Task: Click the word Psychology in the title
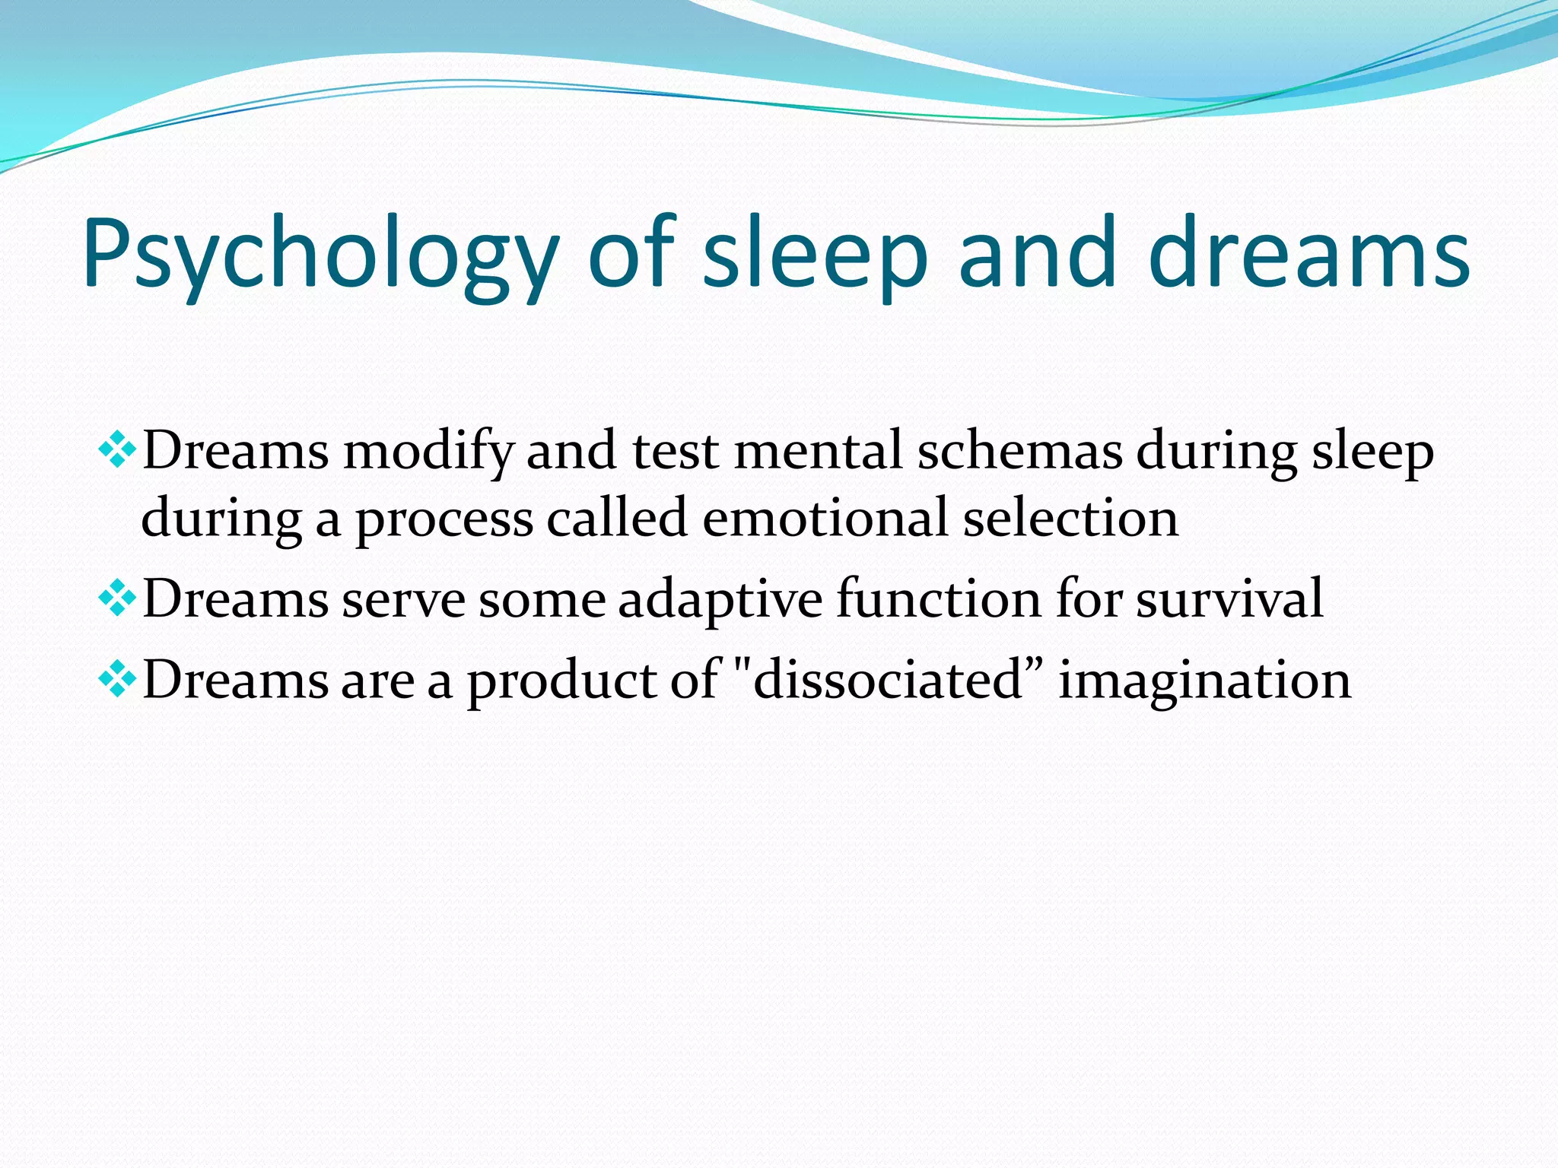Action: tap(320, 255)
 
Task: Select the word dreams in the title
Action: tap(1308, 255)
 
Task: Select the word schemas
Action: tap(1019, 450)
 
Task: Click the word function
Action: tap(938, 599)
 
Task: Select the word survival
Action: tap(1229, 599)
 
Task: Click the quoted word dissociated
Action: tap(887, 680)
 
